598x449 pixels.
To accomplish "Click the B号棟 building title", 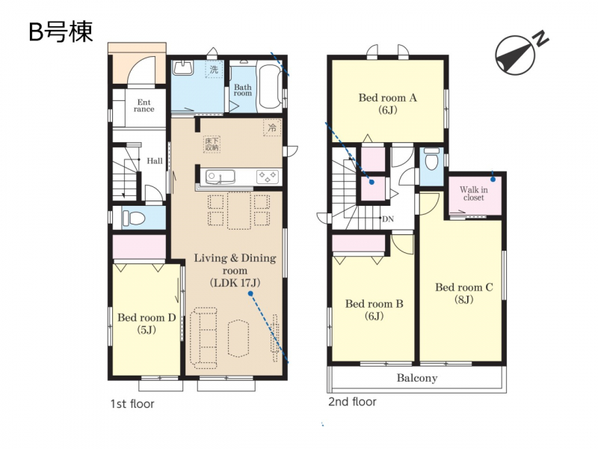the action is tap(61, 31).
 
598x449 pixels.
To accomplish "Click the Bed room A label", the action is tap(387, 98).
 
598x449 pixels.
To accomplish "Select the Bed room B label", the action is tap(374, 304).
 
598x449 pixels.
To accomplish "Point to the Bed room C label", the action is tap(464, 287).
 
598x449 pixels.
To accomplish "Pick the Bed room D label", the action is tap(147, 317).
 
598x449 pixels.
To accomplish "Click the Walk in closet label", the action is tap(474, 194).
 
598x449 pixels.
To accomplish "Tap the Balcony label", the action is tap(417, 378).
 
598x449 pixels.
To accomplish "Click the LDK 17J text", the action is tap(235, 283).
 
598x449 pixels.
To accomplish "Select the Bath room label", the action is tap(243, 90).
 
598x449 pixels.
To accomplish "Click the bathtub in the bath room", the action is tap(270, 86).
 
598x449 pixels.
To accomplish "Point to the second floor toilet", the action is tap(432, 159).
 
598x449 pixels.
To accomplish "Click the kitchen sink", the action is tap(220, 177).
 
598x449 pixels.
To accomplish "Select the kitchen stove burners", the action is tap(267, 177).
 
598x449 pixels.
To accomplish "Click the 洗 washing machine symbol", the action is tap(214, 70).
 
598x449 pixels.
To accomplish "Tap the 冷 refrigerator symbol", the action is tap(272, 128).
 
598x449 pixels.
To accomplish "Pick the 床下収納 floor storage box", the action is tap(212, 144).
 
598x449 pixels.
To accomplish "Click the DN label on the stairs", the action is tap(387, 219).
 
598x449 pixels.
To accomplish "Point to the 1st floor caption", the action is tap(132, 404).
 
